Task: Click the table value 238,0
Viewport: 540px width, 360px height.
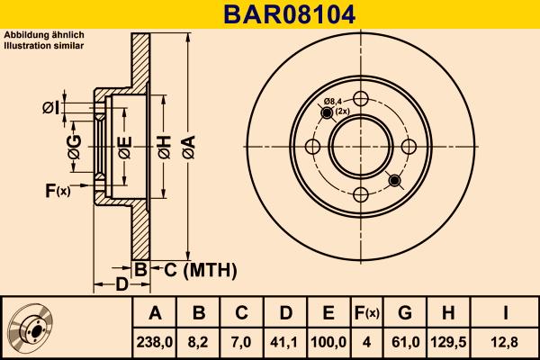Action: coord(155,341)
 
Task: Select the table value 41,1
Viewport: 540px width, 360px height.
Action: coord(284,341)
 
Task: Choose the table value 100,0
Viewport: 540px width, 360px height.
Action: coord(328,341)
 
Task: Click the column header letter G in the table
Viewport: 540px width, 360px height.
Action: coord(405,312)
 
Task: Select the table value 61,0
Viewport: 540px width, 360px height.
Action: coord(405,341)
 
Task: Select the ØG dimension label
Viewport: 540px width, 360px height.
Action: coord(75,147)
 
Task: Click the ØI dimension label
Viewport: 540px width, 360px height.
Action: coord(51,109)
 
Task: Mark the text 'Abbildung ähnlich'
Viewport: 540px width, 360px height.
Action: coord(44,34)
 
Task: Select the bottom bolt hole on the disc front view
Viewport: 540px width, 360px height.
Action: coord(360,194)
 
